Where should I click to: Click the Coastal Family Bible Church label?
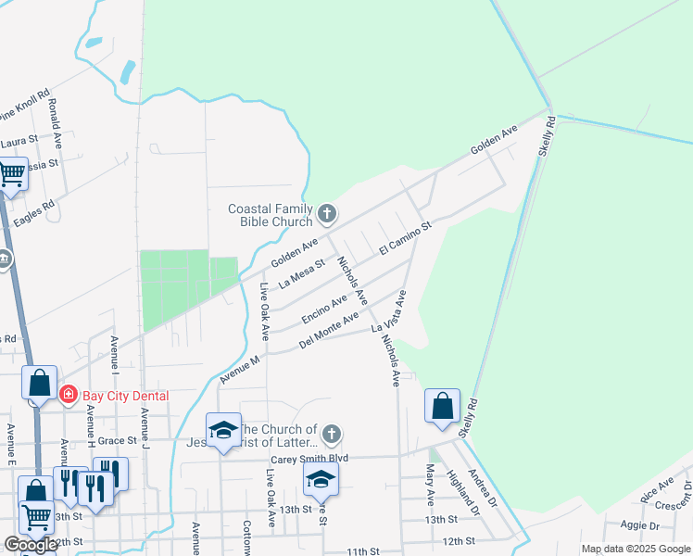pyautogui.click(x=271, y=215)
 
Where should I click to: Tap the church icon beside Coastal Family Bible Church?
pyautogui.click(x=326, y=215)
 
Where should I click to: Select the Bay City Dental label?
pyautogui.click(x=126, y=396)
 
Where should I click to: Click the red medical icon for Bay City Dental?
pyautogui.click(x=68, y=396)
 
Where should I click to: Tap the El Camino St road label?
pyautogui.click(x=406, y=238)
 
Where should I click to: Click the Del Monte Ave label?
pyautogui.click(x=328, y=332)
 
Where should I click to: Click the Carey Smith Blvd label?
pyautogui.click(x=309, y=459)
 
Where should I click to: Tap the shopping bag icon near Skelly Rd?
pyautogui.click(x=443, y=406)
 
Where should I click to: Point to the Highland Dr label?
pyautogui.click(x=460, y=488)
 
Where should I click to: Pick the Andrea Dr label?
pyautogui.click(x=482, y=486)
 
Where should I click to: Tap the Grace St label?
pyautogui.click(x=119, y=441)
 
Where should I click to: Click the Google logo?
pyautogui.click(x=31, y=545)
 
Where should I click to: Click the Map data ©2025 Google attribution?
pyautogui.click(x=636, y=549)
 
